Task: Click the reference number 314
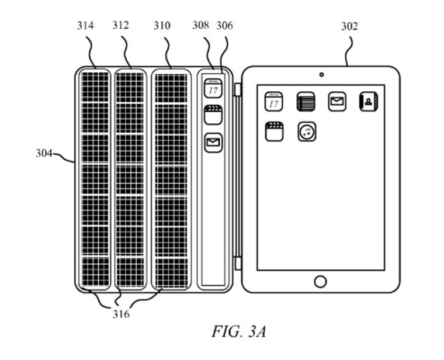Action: click(85, 26)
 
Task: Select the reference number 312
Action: click(121, 26)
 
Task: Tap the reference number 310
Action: click(162, 26)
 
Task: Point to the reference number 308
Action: click(201, 26)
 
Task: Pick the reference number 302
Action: click(349, 26)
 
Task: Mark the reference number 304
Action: click(44, 154)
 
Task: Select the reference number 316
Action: click(121, 314)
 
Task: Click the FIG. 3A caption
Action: click(238, 332)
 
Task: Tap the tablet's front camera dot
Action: click(321, 75)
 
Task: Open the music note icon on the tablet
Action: click(307, 131)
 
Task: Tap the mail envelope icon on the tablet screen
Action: click(337, 102)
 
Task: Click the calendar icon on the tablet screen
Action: click(274, 102)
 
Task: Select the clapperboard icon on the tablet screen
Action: click(274, 131)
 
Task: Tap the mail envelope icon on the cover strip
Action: click(213, 143)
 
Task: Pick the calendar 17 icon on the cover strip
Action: click(213, 88)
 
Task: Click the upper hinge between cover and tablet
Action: click(237, 89)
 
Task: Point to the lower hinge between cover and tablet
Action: click(237, 262)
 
